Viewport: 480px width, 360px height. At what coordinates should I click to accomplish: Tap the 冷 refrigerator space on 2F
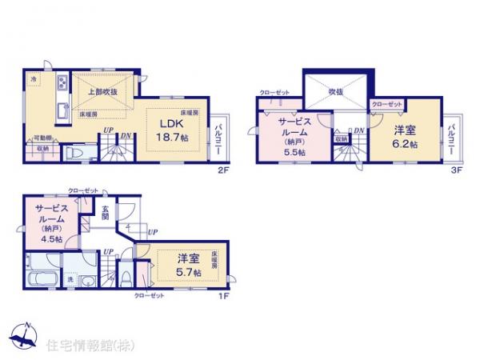point(34,80)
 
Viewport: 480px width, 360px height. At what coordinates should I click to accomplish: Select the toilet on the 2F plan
point(70,153)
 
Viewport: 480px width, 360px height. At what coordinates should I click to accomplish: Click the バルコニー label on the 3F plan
point(452,138)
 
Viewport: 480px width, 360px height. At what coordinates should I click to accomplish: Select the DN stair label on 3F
point(359,131)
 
